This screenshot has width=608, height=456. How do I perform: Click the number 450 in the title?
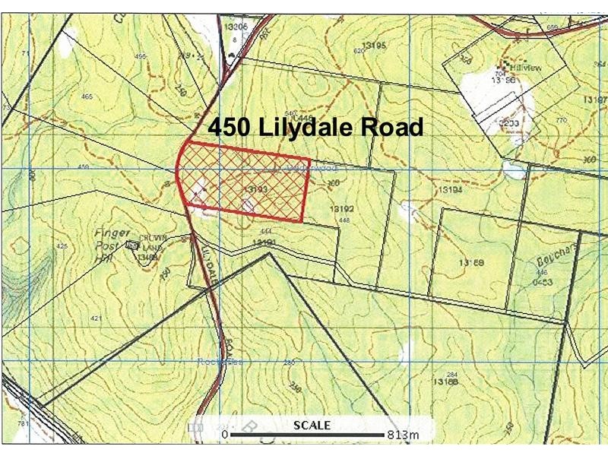pos(230,127)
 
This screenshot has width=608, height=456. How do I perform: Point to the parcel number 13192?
pos(344,207)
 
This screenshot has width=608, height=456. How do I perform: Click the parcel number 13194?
pos(451,190)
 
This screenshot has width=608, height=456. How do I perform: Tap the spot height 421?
pos(96,318)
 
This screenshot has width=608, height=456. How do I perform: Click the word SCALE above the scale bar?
pos(312,426)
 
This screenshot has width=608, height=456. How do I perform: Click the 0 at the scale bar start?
pos(225,435)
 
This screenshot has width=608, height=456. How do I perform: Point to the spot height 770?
pos(562,120)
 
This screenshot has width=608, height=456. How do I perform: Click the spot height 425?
pos(62,246)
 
